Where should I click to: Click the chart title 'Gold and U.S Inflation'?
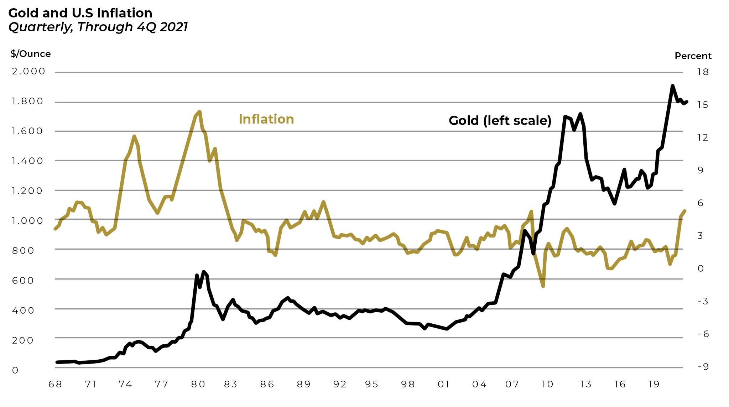80,13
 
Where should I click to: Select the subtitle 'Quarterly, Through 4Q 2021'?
98,27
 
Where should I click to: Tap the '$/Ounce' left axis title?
31,54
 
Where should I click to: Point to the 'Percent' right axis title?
693,56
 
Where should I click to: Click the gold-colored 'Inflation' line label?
266,119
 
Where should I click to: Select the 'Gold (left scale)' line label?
500,121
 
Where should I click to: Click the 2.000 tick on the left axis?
28,71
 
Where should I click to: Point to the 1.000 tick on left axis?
27,221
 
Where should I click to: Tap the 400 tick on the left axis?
23,311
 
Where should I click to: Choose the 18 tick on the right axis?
703,72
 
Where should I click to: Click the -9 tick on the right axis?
703,367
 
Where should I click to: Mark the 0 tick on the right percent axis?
701,268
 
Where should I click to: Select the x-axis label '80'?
198,384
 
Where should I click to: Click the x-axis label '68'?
55,384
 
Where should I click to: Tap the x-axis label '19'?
654,384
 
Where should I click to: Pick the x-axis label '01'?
443,384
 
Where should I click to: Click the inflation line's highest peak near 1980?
200,112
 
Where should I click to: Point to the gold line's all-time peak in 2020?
672,86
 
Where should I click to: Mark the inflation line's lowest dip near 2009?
543,286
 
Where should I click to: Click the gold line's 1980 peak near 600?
204,272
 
